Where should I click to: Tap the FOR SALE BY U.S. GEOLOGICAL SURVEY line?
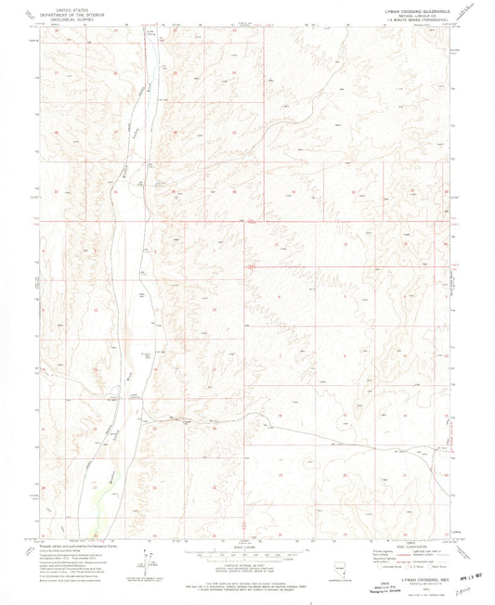(x=247, y=584)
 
